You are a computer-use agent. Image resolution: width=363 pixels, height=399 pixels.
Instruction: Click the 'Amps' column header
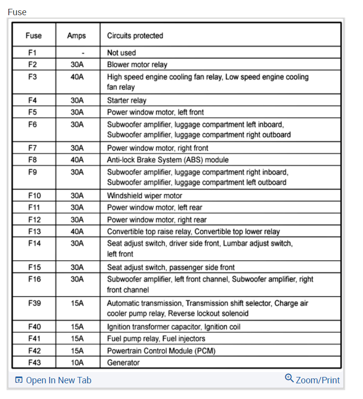point(77,35)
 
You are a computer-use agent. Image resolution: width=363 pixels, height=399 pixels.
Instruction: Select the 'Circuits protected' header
point(135,35)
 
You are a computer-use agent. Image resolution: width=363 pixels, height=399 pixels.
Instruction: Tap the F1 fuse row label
point(33,52)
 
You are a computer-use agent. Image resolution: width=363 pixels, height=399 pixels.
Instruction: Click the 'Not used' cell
point(122,52)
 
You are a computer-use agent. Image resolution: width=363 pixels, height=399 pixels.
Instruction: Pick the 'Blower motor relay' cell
point(137,64)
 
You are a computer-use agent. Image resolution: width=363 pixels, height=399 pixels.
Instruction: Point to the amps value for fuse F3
point(77,76)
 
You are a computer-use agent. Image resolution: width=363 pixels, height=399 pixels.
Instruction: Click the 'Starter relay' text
point(127,100)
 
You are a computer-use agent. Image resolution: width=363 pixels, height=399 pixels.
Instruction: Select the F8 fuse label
point(33,160)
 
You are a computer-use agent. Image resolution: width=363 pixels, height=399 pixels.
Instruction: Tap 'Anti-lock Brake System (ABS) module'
point(168,160)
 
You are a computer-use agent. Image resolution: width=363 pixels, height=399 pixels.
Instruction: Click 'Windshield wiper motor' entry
point(145,196)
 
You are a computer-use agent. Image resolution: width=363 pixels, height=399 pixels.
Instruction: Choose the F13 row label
point(34,231)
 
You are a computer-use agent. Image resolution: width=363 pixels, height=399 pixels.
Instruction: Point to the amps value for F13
point(77,231)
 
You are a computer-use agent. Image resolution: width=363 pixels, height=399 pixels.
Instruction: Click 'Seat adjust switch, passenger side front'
point(171,267)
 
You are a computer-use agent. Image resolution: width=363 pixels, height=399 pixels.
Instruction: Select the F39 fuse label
point(34,303)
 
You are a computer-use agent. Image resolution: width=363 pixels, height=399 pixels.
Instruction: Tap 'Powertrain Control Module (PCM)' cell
point(161,350)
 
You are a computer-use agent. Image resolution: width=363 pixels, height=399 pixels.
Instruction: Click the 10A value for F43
point(77,363)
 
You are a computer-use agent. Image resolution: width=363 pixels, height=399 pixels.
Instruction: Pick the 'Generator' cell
point(123,363)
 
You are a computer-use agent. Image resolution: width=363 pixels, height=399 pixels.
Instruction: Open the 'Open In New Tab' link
point(53,380)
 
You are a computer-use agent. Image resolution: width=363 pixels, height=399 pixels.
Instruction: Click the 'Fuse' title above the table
point(17,12)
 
